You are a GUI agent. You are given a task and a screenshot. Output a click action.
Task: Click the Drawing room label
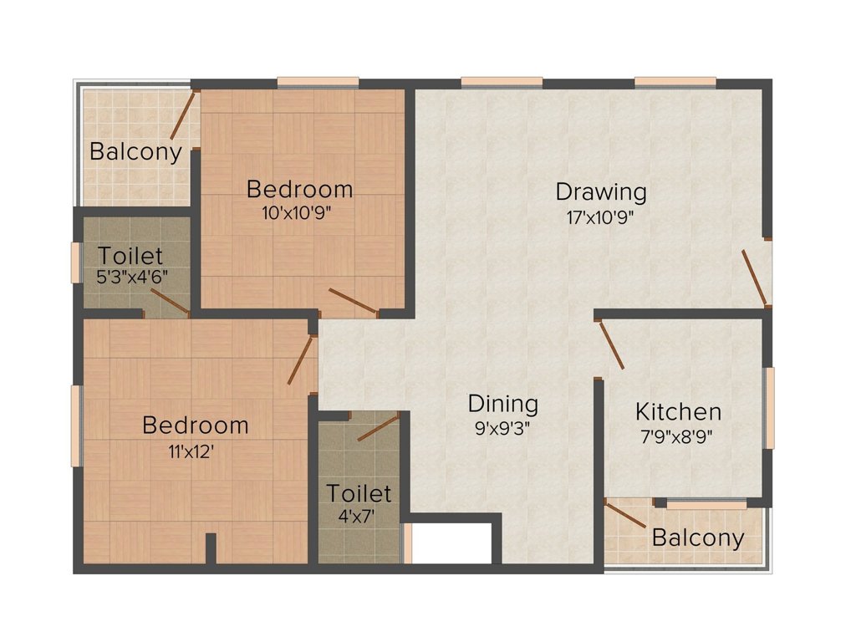[x=601, y=192]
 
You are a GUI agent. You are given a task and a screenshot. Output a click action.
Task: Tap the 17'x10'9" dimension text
[x=600, y=218]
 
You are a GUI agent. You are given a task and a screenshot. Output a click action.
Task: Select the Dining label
[x=502, y=405]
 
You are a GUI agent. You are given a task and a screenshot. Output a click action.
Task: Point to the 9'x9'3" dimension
[x=502, y=429]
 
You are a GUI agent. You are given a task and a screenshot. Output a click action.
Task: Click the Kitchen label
[x=678, y=411]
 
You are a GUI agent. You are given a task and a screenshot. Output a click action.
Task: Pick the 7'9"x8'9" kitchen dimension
[x=677, y=436]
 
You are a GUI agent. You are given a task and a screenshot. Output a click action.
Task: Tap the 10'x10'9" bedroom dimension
[x=297, y=213]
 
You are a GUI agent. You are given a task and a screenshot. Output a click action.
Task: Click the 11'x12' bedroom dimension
[x=191, y=451]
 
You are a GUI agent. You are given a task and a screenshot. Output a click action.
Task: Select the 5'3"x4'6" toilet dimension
[x=131, y=277]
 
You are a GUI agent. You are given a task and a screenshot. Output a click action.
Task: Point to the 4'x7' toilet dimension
[x=357, y=516]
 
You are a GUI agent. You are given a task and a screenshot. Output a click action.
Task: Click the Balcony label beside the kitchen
[x=698, y=538]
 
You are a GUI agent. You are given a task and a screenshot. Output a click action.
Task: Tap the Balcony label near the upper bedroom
[x=135, y=151]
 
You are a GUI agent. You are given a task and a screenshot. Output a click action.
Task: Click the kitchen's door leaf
[x=612, y=345]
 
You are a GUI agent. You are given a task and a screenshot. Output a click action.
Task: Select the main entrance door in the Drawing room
[x=755, y=278]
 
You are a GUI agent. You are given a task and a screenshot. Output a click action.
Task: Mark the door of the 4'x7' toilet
[x=380, y=427]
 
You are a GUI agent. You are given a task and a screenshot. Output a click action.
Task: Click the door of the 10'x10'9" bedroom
[x=354, y=301]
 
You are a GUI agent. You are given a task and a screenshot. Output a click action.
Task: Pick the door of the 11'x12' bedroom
[x=300, y=360]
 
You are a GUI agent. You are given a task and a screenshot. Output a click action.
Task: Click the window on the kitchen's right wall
[x=769, y=408]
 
